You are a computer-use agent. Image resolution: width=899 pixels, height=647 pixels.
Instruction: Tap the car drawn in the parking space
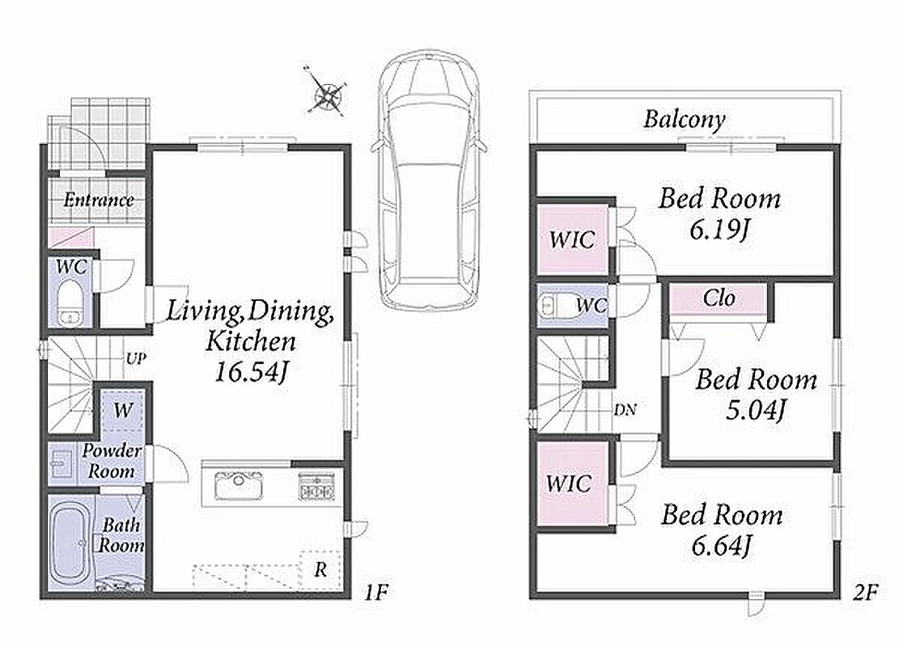pyautogui.click(x=430, y=180)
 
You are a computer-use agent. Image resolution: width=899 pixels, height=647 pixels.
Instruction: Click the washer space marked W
pyautogui.click(x=123, y=410)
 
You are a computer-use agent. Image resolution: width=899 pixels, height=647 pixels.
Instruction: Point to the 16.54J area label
pyautogui.click(x=251, y=373)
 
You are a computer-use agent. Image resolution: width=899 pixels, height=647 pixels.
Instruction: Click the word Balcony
pyautogui.click(x=685, y=119)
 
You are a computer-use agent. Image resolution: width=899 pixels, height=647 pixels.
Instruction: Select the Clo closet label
pyautogui.click(x=719, y=298)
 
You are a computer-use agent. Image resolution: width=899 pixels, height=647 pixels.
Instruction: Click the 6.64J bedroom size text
pyautogui.click(x=721, y=545)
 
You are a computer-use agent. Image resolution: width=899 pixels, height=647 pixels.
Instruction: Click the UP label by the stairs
pyautogui.click(x=136, y=359)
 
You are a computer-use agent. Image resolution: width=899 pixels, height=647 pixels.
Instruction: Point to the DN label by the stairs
pyautogui.click(x=625, y=410)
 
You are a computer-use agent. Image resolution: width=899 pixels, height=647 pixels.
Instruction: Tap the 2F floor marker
pyautogui.click(x=864, y=592)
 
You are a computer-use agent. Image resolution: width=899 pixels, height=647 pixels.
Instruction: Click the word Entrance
pyautogui.click(x=99, y=200)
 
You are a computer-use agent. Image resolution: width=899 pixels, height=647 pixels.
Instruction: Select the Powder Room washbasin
pyautogui.click(x=60, y=463)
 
